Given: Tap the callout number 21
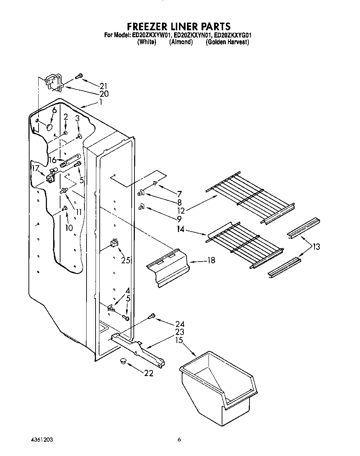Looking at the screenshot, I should click(x=103, y=86).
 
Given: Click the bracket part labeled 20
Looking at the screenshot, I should click(x=53, y=83).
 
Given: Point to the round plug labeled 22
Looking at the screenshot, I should click(x=123, y=361).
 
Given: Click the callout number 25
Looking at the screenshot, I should click(x=126, y=260).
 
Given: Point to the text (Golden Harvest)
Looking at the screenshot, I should click(x=227, y=42).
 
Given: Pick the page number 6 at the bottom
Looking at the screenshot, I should click(x=179, y=440).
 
